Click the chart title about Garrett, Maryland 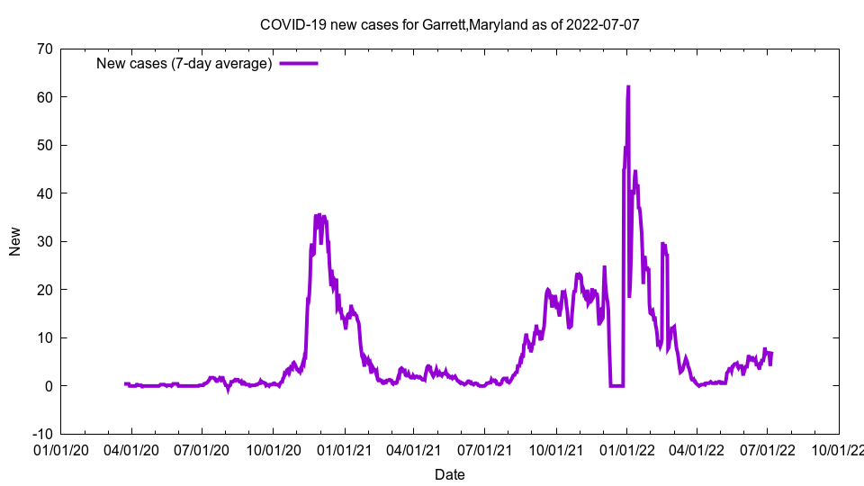450,24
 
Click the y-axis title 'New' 15,241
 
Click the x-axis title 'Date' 450,474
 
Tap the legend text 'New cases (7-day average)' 184,63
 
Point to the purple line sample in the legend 299,63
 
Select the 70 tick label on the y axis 43,49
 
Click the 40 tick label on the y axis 43,193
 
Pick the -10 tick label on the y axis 40,434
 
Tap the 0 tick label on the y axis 48,385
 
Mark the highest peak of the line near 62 628,87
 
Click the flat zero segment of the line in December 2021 616,385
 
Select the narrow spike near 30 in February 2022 663,244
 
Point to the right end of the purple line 771,353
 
